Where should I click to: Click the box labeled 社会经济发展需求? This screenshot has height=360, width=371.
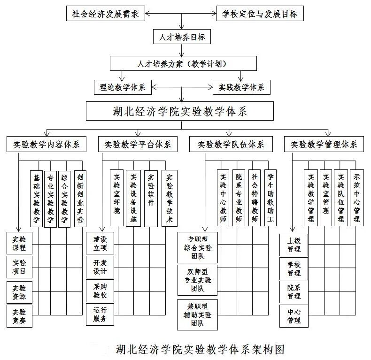(x=105, y=14)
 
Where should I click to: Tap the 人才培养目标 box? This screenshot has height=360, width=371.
(x=182, y=37)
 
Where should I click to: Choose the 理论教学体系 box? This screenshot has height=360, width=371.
(x=122, y=87)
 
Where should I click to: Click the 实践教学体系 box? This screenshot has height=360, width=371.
(x=241, y=87)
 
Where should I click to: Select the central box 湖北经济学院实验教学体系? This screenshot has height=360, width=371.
(x=180, y=112)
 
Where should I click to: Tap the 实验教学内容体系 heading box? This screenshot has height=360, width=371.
(x=46, y=144)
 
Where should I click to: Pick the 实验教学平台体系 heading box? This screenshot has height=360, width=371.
(x=138, y=144)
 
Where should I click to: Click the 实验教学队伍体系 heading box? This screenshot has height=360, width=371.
(x=230, y=144)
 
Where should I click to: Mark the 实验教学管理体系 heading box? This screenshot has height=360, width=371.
(x=324, y=144)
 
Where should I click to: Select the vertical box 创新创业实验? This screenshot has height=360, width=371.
(x=80, y=199)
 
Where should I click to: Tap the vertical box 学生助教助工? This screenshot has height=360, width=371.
(x=270, y=199)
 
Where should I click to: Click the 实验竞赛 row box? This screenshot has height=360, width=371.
(x=19, y=316)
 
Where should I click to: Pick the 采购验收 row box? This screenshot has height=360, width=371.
(x=100, y=291)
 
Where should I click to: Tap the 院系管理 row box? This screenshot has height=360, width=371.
(x=294, y=292)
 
